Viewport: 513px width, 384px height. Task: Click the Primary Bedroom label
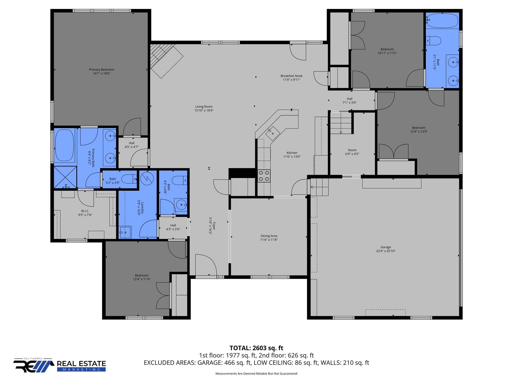[x=101, y=70]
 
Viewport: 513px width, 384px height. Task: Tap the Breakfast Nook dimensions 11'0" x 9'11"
[x=291, y=80]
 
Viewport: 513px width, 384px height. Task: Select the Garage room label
[x=386, y=247]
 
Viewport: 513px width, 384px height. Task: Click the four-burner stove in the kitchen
[x=264, y=176]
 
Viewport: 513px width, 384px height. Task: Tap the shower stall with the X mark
[x=65, y=177]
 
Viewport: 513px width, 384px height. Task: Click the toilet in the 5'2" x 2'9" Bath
[x=129, y=179]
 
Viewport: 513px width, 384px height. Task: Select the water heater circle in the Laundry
[x=147, y=178]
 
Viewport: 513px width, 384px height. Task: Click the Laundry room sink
[x=125, y=233]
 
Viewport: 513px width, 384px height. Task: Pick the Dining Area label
[x=269, y=236]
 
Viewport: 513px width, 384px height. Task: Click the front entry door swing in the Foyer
[x=206, y=265]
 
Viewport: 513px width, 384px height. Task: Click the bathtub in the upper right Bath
[x=442, y=20]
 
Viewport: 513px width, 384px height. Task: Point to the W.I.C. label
[x=85, y=211]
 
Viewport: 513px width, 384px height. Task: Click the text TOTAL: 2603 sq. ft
[x=256, y=348]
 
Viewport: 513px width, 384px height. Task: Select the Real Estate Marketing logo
[x=60, y=365]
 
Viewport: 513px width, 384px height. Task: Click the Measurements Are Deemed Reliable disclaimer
[x=256, y=373]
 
